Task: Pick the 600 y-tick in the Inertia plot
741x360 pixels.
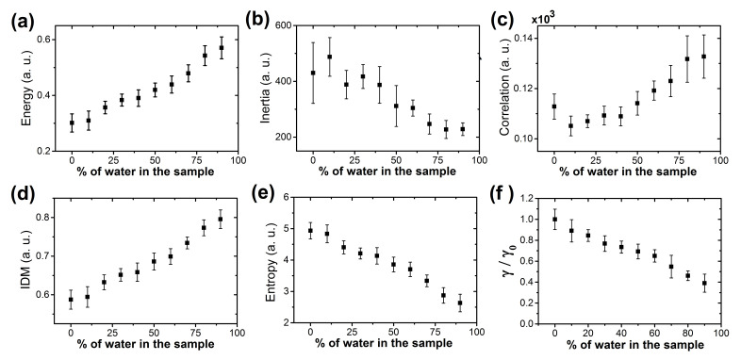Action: pos(284,25)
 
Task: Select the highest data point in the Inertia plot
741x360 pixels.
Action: pos(329,57)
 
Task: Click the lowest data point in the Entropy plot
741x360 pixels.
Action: pos(459,303)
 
